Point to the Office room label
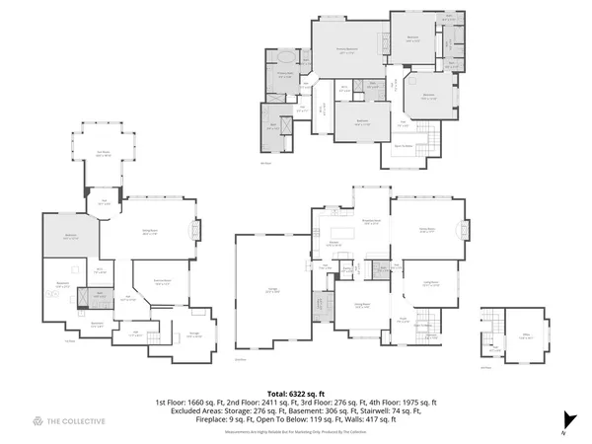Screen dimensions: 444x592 click(x=514, y=335)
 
